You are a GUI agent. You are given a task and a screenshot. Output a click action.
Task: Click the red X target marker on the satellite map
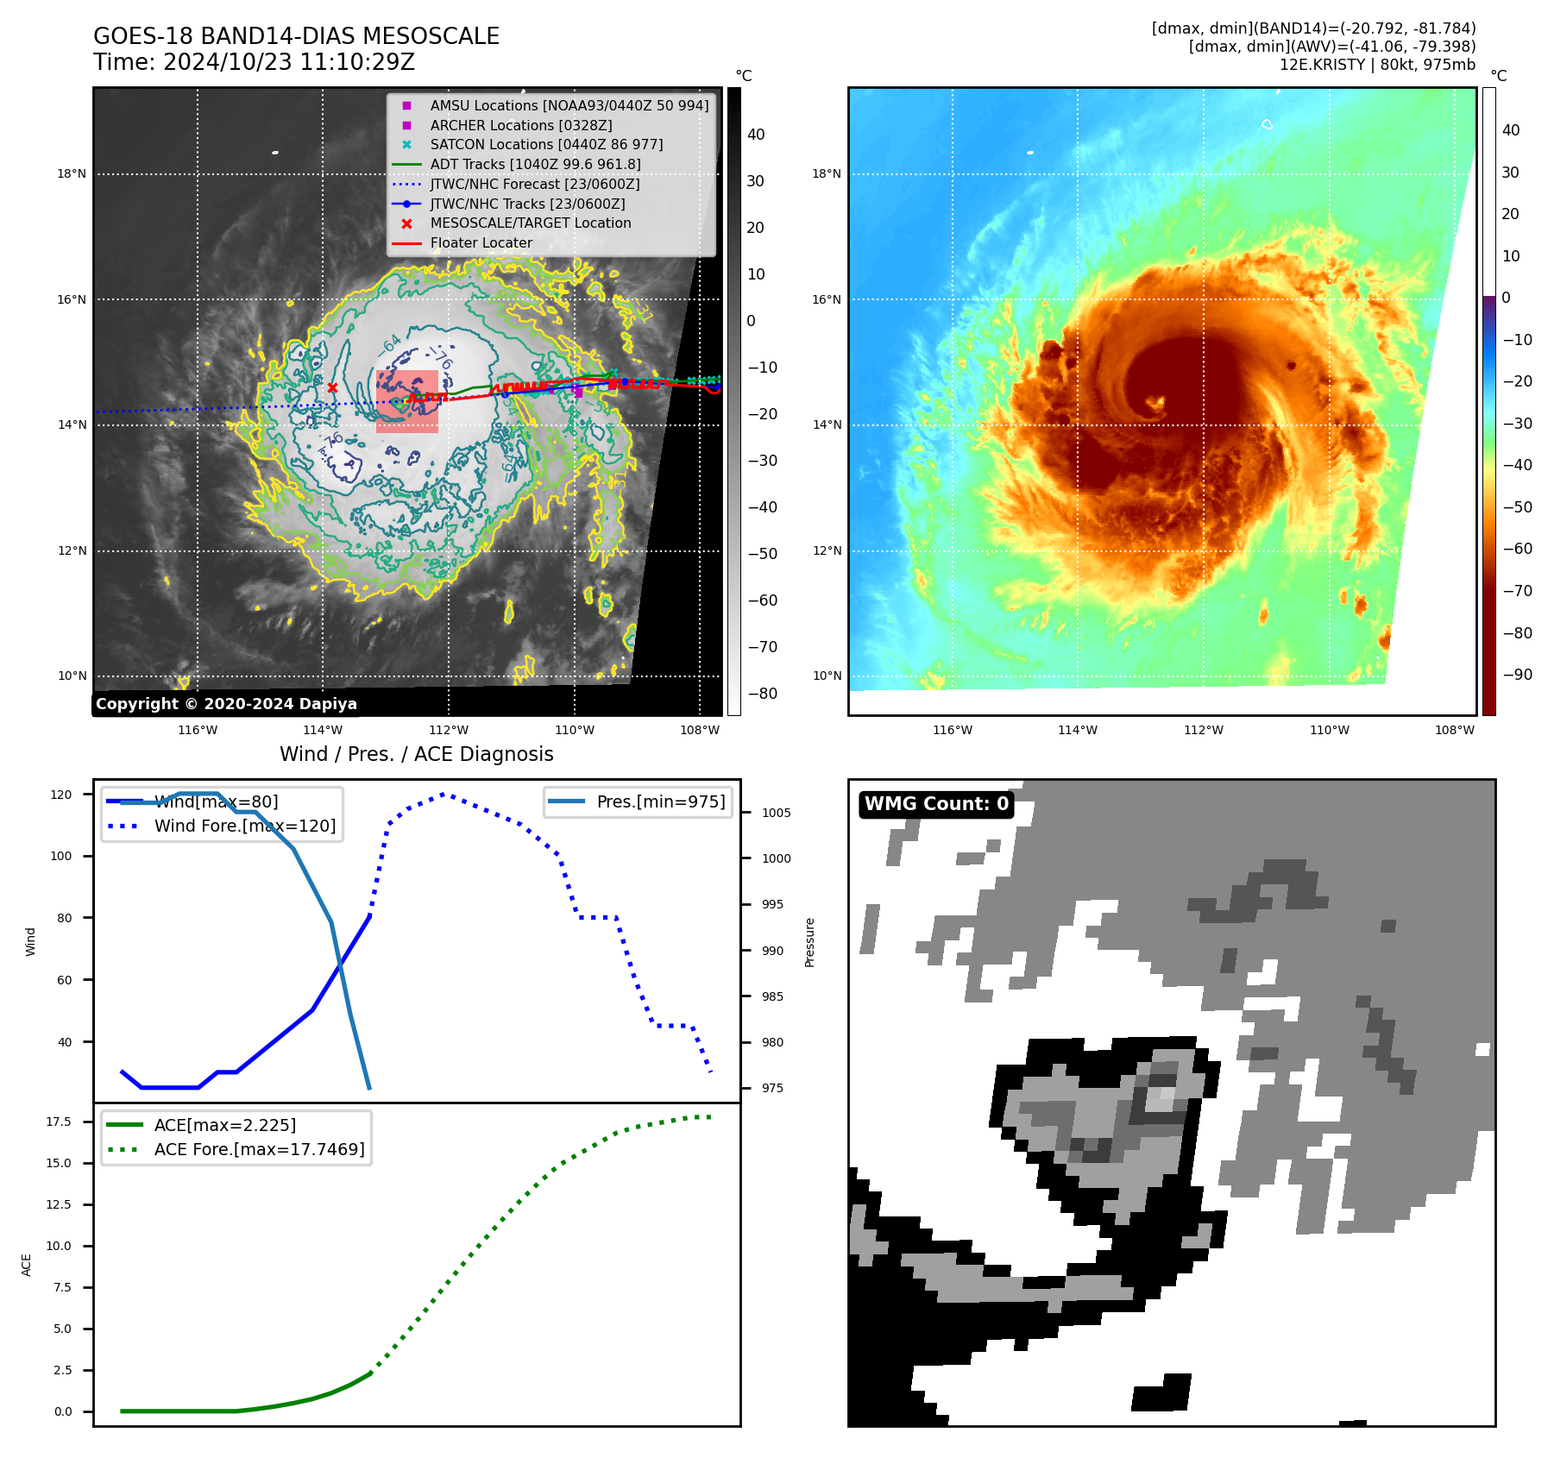point(332,388)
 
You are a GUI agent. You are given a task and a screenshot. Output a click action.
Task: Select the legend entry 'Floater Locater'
point(481,243)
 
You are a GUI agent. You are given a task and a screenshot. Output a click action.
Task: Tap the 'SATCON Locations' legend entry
point(546,145)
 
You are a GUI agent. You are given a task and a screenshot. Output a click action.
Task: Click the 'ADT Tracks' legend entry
point(535,165)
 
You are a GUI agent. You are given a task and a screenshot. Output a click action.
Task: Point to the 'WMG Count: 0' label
point(936,804)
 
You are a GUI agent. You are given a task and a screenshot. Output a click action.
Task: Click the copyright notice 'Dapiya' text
point(226,704)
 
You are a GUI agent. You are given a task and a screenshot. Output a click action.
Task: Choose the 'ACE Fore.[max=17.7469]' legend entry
point(259,1150)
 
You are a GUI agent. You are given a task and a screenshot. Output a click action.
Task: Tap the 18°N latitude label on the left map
point(72,174)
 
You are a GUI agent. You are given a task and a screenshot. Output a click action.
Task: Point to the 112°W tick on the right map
point(1203,731)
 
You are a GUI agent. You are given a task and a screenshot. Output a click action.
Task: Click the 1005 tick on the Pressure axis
point(776,813)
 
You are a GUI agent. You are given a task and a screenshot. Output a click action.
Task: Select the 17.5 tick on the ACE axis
point(59,1122)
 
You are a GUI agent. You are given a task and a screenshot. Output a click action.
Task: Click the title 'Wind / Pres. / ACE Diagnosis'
point(416,755)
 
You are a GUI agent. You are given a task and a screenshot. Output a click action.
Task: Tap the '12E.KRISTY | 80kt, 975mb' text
point(1377,65)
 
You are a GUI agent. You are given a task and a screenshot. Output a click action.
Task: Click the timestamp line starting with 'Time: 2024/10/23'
point(254,63)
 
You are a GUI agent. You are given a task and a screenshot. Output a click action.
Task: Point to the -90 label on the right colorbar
point(1517,675)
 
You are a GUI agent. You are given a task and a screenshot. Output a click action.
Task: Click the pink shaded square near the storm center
point(406,401)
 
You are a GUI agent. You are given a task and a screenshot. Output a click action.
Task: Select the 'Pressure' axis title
point(809,942)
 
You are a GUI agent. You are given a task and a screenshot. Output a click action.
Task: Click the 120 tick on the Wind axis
point(61,795)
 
